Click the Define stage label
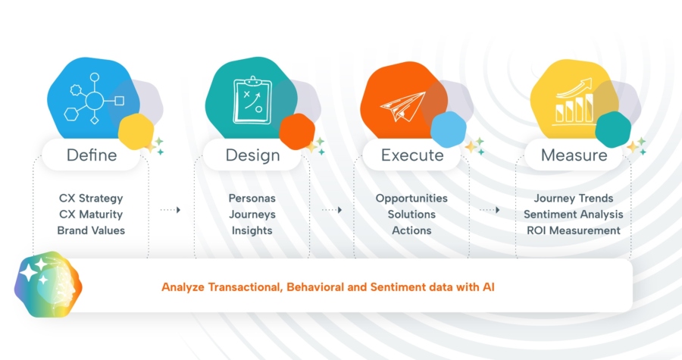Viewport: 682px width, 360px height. click(92, 155)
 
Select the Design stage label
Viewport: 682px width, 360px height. click(252, 155)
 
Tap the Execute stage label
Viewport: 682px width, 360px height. click(412, 155)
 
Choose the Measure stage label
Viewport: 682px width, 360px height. click(574, 155)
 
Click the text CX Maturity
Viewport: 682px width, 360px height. click(91, 214)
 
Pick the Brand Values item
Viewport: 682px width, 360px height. click(91, 230)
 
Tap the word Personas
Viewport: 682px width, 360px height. click(252, 199)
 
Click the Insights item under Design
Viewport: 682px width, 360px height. click(252, 230)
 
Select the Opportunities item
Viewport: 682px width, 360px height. click(411, 199)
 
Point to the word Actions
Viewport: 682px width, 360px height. click(411, 230)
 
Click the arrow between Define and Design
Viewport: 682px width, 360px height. click(170, 209)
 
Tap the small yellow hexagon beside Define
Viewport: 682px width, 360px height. click(136, 130)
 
